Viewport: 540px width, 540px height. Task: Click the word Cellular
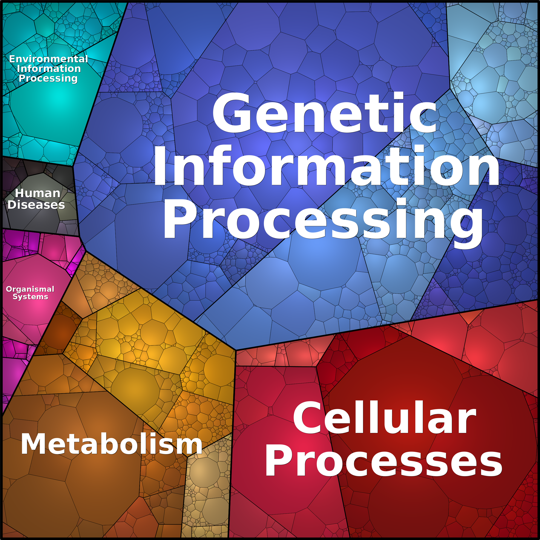point(384,418)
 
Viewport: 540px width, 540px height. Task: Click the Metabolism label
point(111,444)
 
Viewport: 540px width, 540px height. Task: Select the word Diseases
point(36,205)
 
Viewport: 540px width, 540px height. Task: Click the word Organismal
point(30,289)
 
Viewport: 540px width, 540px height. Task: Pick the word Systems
point(31,297)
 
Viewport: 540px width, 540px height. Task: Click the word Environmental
point(48,59)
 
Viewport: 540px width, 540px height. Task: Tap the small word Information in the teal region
point(49,69)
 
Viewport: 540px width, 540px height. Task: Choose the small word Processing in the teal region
point(48,78)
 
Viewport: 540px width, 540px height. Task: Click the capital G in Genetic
point(232,113)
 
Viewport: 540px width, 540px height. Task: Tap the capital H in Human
point(20,193)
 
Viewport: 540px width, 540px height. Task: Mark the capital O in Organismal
point(9,289)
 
